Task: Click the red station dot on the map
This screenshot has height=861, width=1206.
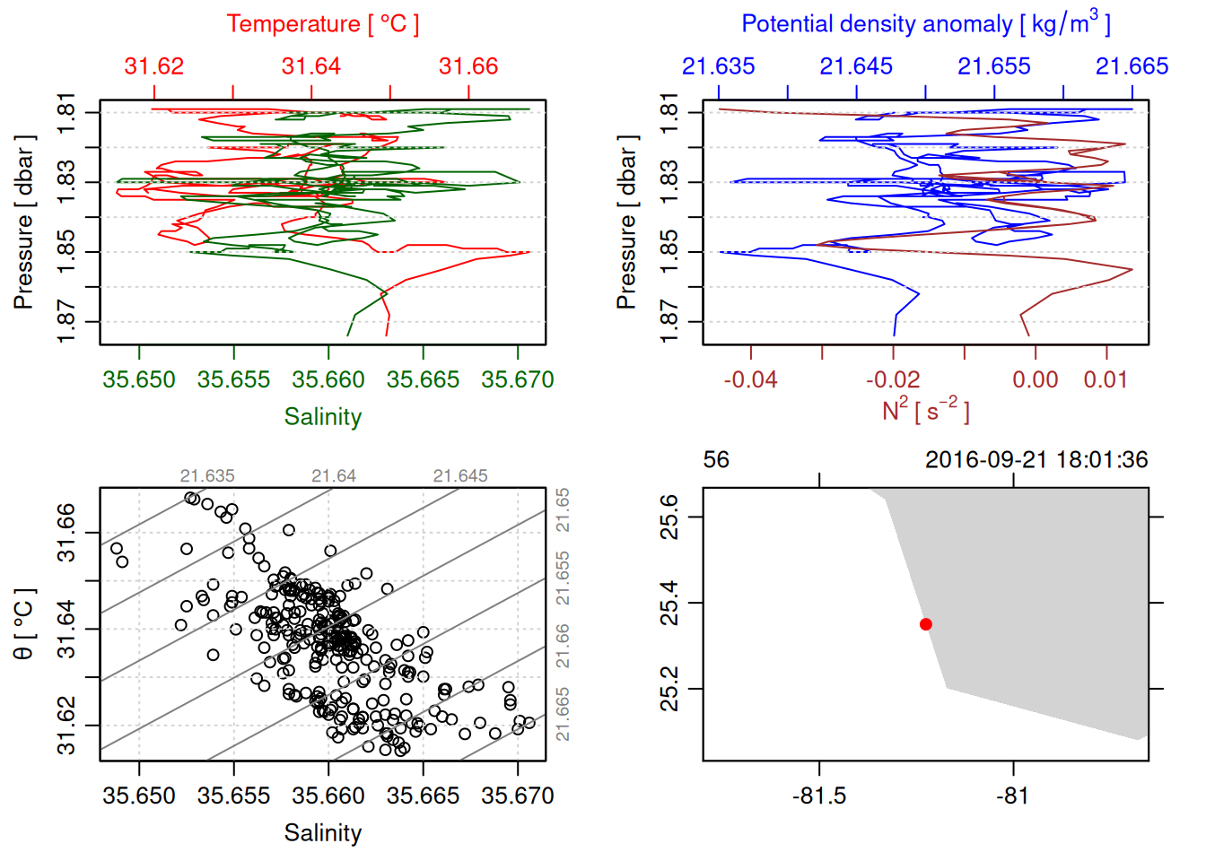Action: click(x=926, y=624)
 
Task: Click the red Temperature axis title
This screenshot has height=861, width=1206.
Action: click(x=322, y=24)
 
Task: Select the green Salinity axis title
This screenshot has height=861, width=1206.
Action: click(x=322, y=417)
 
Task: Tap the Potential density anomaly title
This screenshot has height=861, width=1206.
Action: click(x=925, y=24)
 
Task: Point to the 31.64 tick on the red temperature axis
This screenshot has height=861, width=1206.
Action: click(x=311, y=66)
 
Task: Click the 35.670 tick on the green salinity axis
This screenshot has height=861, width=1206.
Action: click(x=518, y=379)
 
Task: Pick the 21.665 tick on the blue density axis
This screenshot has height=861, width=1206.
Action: click(x=1132, y=66)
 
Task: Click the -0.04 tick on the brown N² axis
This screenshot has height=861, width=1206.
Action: click(x=751, y=379)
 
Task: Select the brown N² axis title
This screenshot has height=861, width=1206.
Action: click(x=925, y=411)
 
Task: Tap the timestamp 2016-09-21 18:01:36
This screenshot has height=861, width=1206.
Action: click(x=1036, y=460)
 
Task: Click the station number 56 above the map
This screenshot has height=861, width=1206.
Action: click(x=716, y=460)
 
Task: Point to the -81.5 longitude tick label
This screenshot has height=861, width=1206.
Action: click(x=819, y=796)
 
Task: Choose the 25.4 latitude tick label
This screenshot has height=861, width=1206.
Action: click(x=669, y=603)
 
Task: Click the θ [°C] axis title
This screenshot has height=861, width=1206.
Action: click(x=23, y=624)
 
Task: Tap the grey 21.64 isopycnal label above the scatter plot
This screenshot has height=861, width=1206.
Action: click(x=334, y=476)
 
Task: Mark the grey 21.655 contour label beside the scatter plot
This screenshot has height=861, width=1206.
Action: click(x=563, y=578)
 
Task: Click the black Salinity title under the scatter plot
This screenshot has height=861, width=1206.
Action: click(x=322, y=833)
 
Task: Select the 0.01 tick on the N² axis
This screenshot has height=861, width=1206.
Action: click(x=1105, y=379)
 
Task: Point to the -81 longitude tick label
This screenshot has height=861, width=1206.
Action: click(x=1013, y=796)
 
